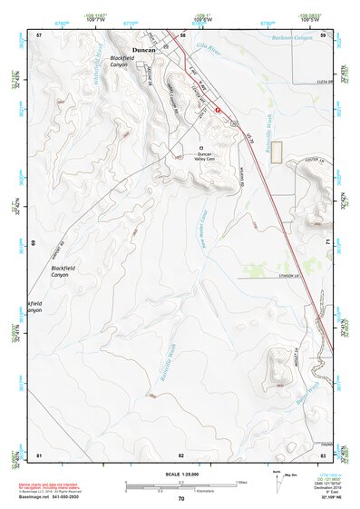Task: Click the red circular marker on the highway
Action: [217, 108]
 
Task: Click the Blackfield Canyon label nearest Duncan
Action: [121, 61]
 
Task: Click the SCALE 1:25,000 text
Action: [180, 473]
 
